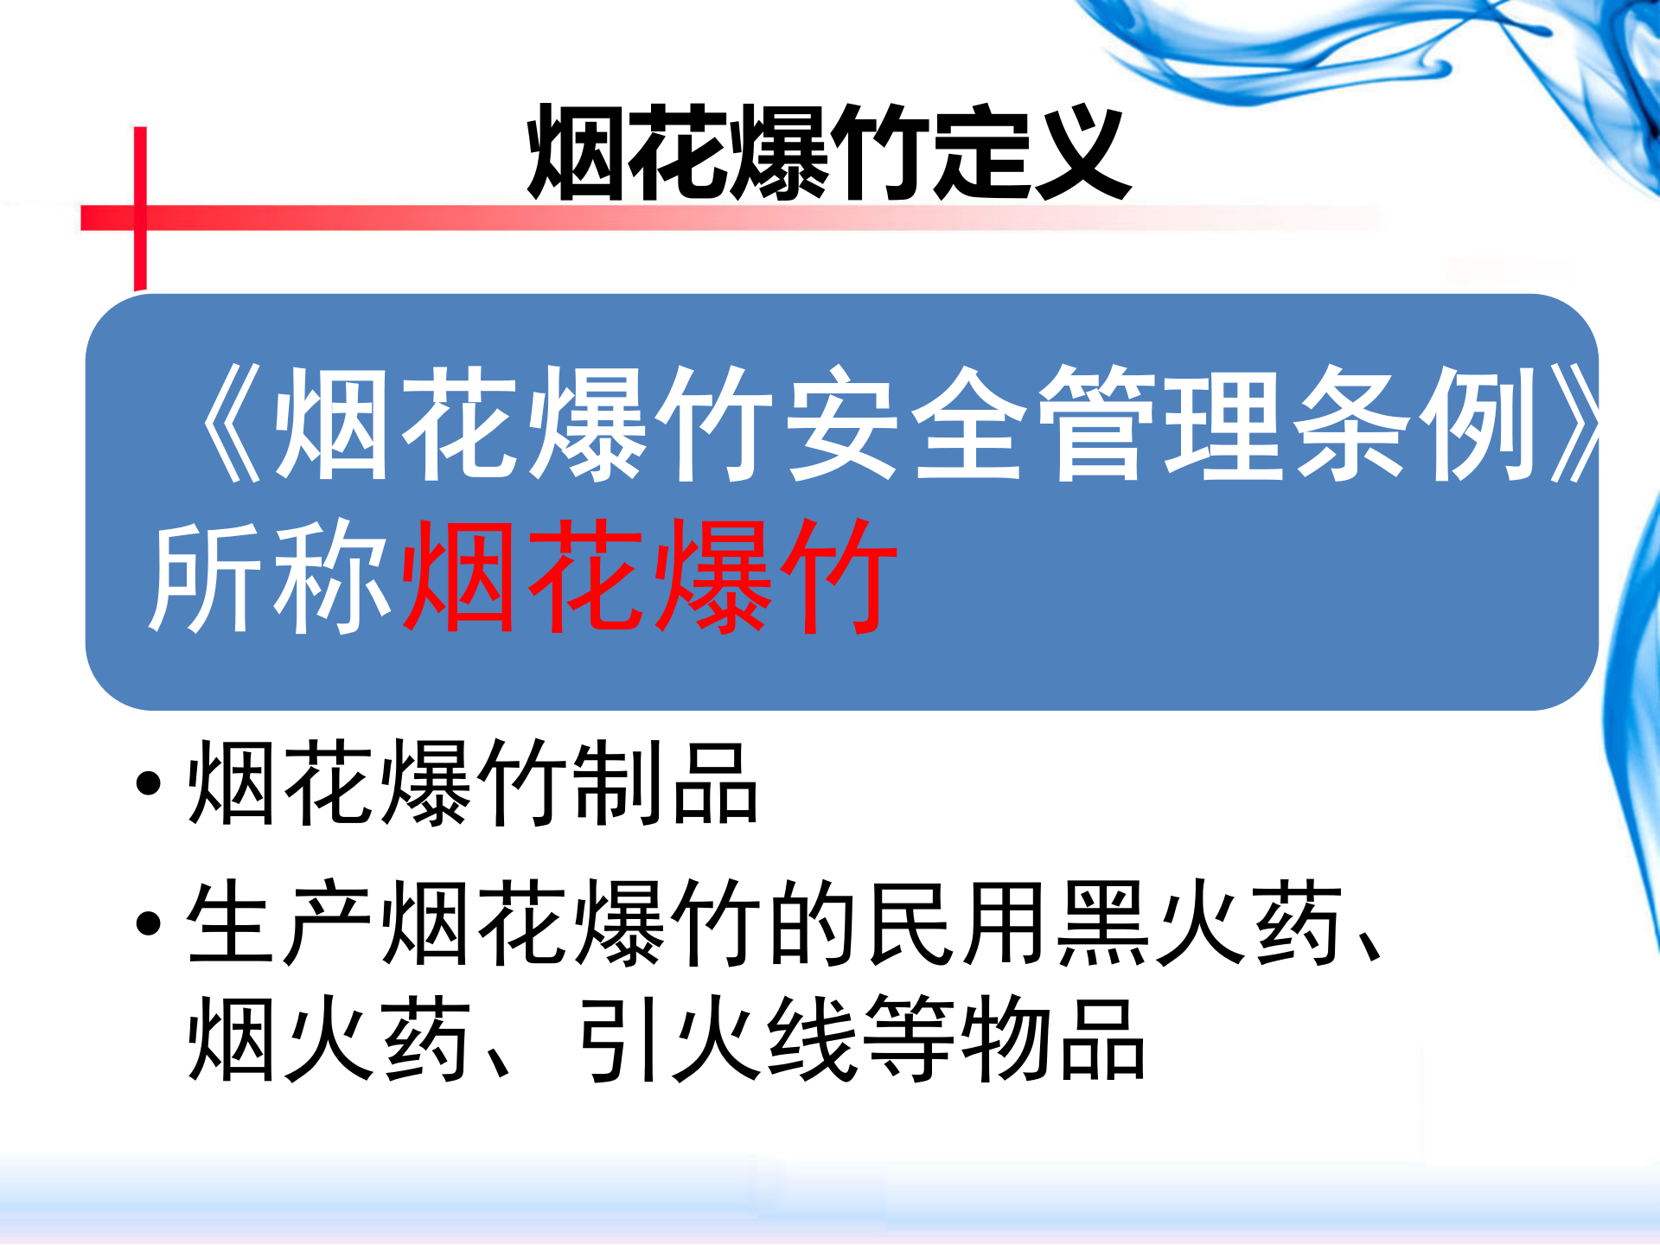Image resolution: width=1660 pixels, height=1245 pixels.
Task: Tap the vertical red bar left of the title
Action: tap(140, 207)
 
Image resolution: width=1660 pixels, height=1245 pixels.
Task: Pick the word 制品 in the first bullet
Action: tap(666, 782)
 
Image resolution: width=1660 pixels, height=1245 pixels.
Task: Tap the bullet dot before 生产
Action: tap(149, 923)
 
